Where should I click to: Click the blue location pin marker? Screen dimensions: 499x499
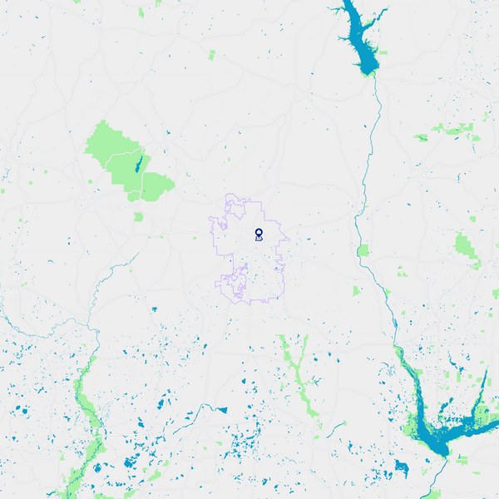[259, 234]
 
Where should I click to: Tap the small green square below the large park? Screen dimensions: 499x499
[138, 216]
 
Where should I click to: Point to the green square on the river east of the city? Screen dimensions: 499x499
[363, 250]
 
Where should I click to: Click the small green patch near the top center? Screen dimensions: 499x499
[211, 55]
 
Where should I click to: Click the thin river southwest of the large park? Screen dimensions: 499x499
[104, 274]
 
